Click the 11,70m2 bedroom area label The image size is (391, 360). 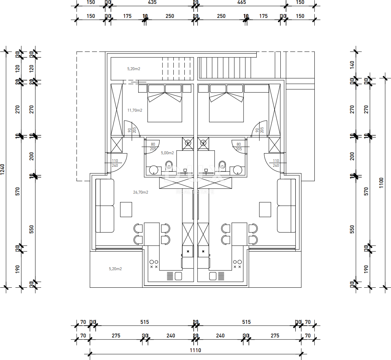[x=135, y=110]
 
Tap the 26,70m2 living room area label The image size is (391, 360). [x=141, y=192]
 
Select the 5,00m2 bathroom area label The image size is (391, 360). [x=168, y=153]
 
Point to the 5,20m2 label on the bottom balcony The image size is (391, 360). [x=115, y=268]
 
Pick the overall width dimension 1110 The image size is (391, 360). [x=195, y=350]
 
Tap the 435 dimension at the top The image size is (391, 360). [x=152, y=2]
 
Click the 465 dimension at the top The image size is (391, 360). [x=241, y=2]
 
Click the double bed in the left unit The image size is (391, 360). [x=165, y=104]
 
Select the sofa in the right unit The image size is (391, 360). [x=286, y=206]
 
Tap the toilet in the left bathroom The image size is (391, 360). [x=169, y=165]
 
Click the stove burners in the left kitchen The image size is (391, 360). [x=154, y=264]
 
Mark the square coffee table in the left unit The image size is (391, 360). [x=126, y=209]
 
